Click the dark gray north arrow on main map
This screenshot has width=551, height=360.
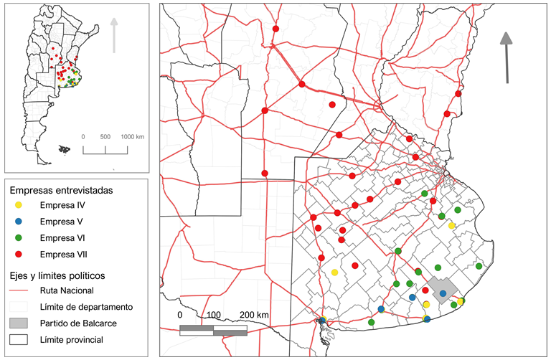click(507, 57)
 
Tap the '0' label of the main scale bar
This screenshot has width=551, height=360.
click(180, 315)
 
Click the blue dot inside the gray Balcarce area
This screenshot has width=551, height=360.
click(443, 293)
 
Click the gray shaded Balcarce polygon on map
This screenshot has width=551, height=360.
click(436, 285)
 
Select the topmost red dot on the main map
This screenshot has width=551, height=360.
click(276, 29)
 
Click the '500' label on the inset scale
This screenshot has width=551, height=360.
click(105, 136)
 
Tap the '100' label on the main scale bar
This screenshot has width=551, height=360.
click(213, 315)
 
